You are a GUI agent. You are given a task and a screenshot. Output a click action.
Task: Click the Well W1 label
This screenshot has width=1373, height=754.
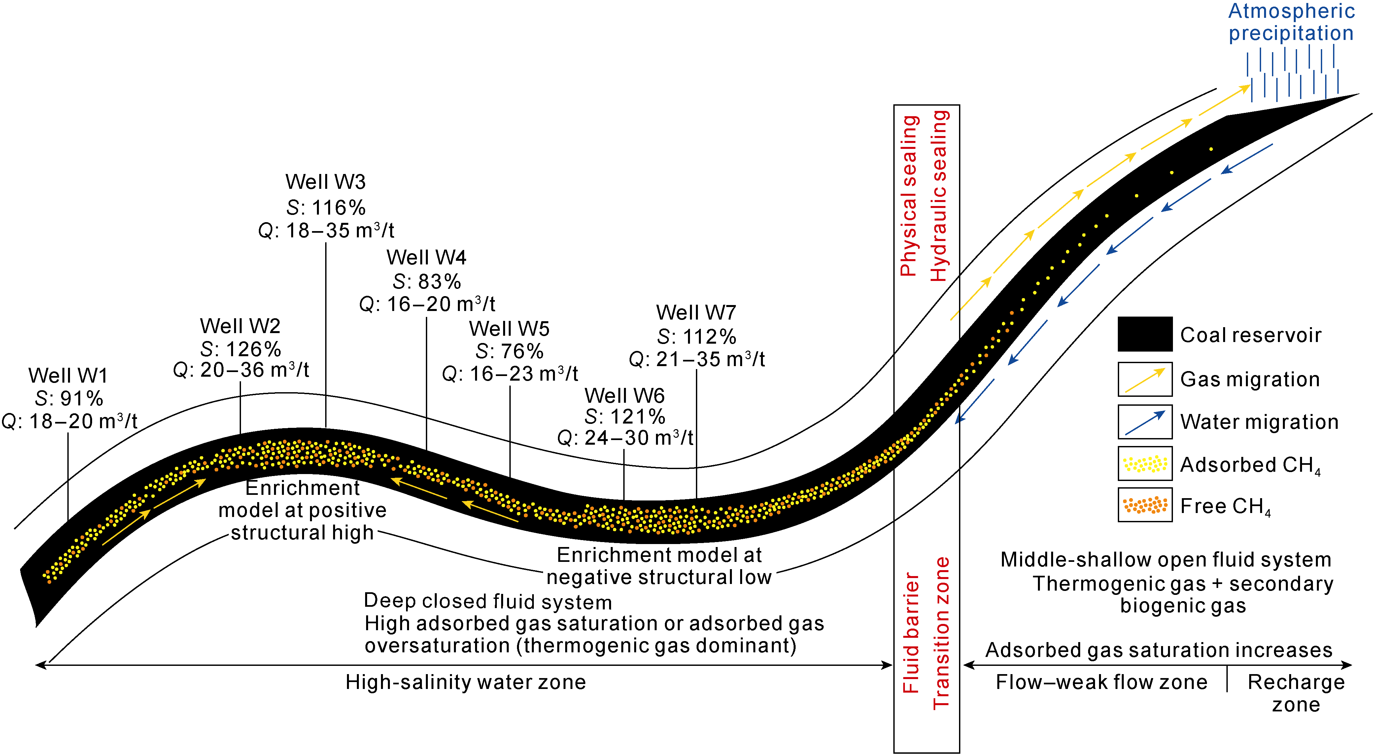click(x=68, y=376)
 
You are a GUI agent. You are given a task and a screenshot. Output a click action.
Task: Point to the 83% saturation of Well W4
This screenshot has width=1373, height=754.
click(x=427, y=281)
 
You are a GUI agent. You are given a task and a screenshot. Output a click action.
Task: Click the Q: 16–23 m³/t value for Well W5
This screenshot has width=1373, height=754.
click(x=510, y=374)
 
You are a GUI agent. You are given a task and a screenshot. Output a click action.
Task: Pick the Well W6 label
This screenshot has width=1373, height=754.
click(x=624, y=396)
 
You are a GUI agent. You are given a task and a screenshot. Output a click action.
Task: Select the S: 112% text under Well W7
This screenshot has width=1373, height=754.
click(x=696, y=337)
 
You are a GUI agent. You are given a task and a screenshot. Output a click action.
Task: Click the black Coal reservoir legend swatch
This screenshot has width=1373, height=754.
click(x=1145, y=334)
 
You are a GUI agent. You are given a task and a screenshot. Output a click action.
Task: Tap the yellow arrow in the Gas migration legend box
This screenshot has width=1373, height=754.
click(x=1145, y=379)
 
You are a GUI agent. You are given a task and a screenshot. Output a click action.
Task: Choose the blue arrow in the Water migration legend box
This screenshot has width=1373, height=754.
click(x=1145, y=422)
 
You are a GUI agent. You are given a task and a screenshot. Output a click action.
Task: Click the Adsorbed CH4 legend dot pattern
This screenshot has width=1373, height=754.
click(x=1145, y=464)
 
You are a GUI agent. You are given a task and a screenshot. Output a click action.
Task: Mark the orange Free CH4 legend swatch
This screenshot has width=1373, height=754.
click(x=1145, y=505)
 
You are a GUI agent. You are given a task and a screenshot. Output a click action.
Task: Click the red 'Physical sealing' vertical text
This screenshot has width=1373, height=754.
click(x=909, y=196)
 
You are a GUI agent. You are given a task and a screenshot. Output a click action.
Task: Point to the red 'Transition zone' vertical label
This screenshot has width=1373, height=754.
click(x=941, y=633)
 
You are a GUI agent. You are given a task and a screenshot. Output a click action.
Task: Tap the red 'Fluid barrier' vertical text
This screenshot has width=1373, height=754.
click(x=911, y=633)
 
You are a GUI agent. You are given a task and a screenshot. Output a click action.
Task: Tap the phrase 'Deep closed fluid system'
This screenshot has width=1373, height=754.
click(x=488, y=601)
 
